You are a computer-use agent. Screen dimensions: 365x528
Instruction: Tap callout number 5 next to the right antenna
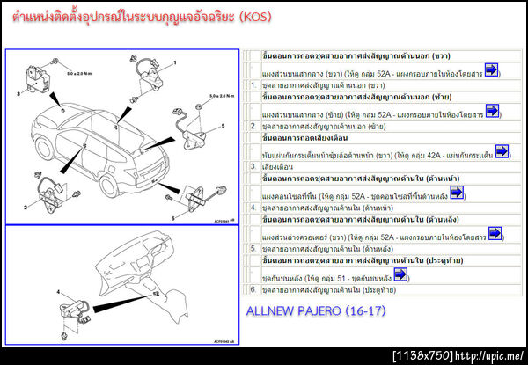point(223,126)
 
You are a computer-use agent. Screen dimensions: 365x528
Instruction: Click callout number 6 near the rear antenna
point(173,216)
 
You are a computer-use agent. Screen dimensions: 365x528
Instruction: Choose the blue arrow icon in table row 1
point(491,69)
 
